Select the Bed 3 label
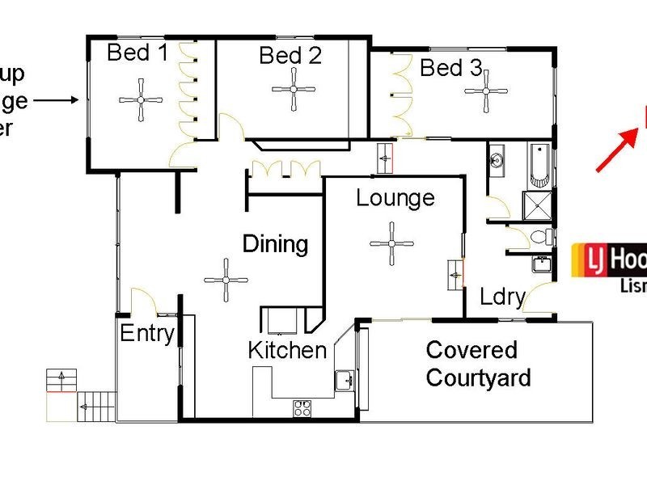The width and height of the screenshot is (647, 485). [x=450, y=69]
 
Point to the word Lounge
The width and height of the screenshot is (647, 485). [x=395, y=198]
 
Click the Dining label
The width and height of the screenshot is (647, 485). [x=276, y=243]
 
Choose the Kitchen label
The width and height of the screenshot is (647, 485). [x=287, y=350]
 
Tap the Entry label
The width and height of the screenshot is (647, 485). [x=147, y=332]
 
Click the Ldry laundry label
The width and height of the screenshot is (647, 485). [x=502, y=297]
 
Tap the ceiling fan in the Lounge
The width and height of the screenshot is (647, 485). [x=391, y=244]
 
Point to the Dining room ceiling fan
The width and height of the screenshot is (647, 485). [x=226, y=280]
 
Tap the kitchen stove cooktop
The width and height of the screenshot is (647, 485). [x=303, y=407]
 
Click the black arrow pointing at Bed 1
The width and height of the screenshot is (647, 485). [x=57, y=100]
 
